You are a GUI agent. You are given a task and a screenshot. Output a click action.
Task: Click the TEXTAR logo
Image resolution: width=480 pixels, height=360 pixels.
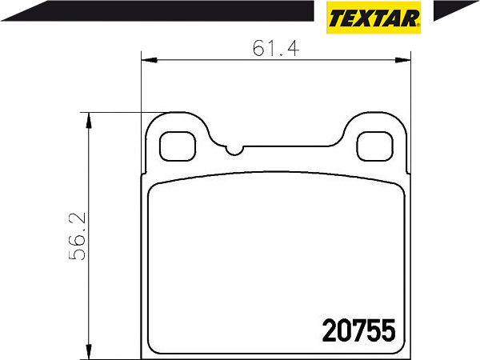click(374, 17)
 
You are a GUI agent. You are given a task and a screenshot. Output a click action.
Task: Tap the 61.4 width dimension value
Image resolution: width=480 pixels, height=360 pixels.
click(276, 48)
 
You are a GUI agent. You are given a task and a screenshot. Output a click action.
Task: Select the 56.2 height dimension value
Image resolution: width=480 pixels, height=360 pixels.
click(77, 237)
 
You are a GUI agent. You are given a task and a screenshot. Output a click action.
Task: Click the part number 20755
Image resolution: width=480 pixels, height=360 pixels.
click(358, 330)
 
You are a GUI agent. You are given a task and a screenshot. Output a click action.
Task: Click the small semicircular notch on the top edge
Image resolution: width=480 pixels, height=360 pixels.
click(234, 150)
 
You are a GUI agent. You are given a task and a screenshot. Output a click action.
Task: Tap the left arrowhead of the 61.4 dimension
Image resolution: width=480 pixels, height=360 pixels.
click(149, 60)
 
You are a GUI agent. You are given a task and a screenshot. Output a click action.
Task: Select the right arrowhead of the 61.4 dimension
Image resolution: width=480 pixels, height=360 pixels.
click(402, 60)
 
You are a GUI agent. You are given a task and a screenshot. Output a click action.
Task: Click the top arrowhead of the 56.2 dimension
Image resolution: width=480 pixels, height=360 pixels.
click(89, 120)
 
